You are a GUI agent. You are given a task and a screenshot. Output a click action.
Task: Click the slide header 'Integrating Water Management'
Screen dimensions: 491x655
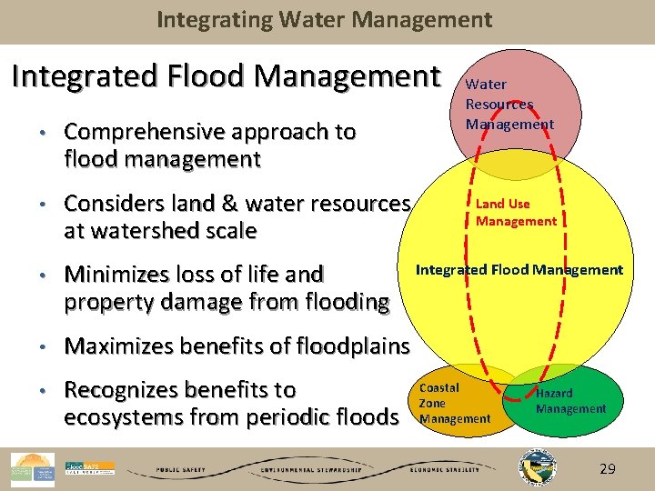pyautogui.click(x=324, y=19)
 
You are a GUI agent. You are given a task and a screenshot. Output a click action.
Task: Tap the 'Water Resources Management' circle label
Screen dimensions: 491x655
pyautogui.click(x=509, y=105)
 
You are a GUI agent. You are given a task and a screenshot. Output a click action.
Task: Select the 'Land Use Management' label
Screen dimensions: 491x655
pyautogui.click(x=516, y=212)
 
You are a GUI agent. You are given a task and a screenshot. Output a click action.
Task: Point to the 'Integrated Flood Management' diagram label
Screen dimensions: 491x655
pyautogui.click(x=519, y=270)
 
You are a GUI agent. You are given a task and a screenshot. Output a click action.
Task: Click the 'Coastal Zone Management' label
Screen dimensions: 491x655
pyautogui.click(x=454, y=403)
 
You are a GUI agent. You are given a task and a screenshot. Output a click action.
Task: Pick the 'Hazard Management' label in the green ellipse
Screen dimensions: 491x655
pyautogui.click(x=569, y=401)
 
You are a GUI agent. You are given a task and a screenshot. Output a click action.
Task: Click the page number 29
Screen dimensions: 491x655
pyautogui.click(x=607, y=468)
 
